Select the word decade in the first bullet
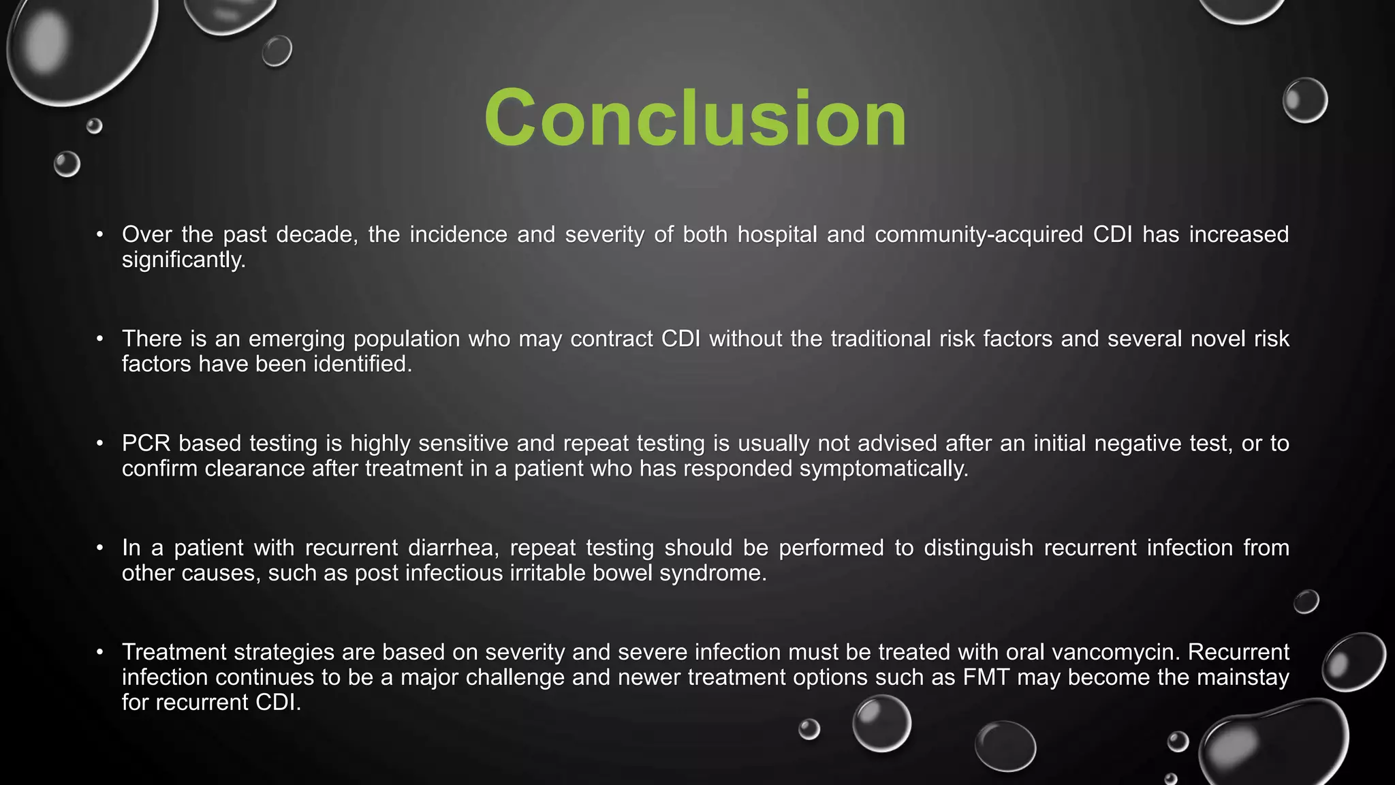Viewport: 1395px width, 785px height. coord(316,234)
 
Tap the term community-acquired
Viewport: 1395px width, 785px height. coord(979,234)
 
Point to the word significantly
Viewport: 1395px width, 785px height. coord(183,260)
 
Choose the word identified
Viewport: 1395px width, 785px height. coord(362,364)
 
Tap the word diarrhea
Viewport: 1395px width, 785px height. coord(453,548)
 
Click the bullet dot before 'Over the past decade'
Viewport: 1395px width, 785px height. coord(100,234)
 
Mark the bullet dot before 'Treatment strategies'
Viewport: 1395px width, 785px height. coord(100,652)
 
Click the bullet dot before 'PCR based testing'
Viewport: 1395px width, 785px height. coord(100,444)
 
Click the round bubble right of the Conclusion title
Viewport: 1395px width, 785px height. coord(1304,100)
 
